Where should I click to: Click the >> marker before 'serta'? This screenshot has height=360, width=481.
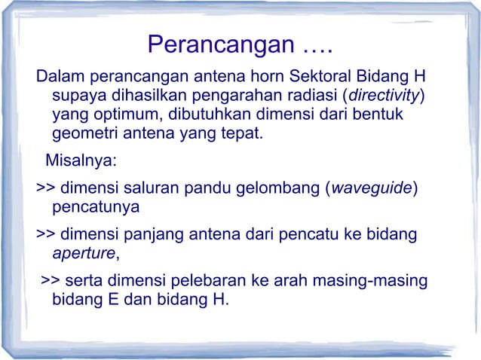tap(51, 281)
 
